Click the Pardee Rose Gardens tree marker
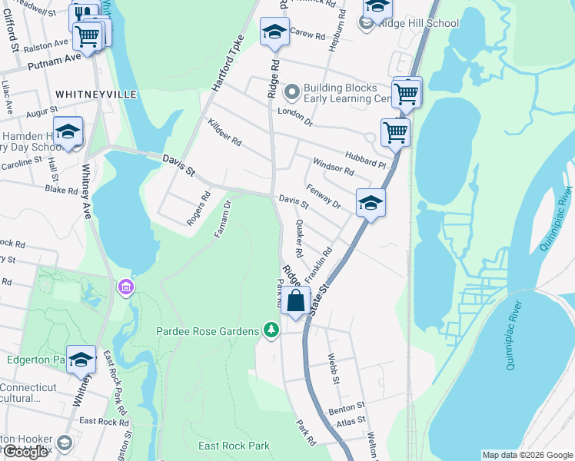tap(271, 330)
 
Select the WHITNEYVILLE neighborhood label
tap(95, 94)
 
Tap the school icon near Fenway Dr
tap(371, 203)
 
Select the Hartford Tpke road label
tap(227, 65)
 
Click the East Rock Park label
tap(234, 446)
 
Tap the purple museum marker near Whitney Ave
tap(126, 287)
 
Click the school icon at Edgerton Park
tap(81, 359)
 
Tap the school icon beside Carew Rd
tap(274, 32)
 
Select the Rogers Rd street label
tap(198, 208)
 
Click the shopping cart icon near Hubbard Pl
tap(395, 131)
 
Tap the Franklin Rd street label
tap(317, 263)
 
